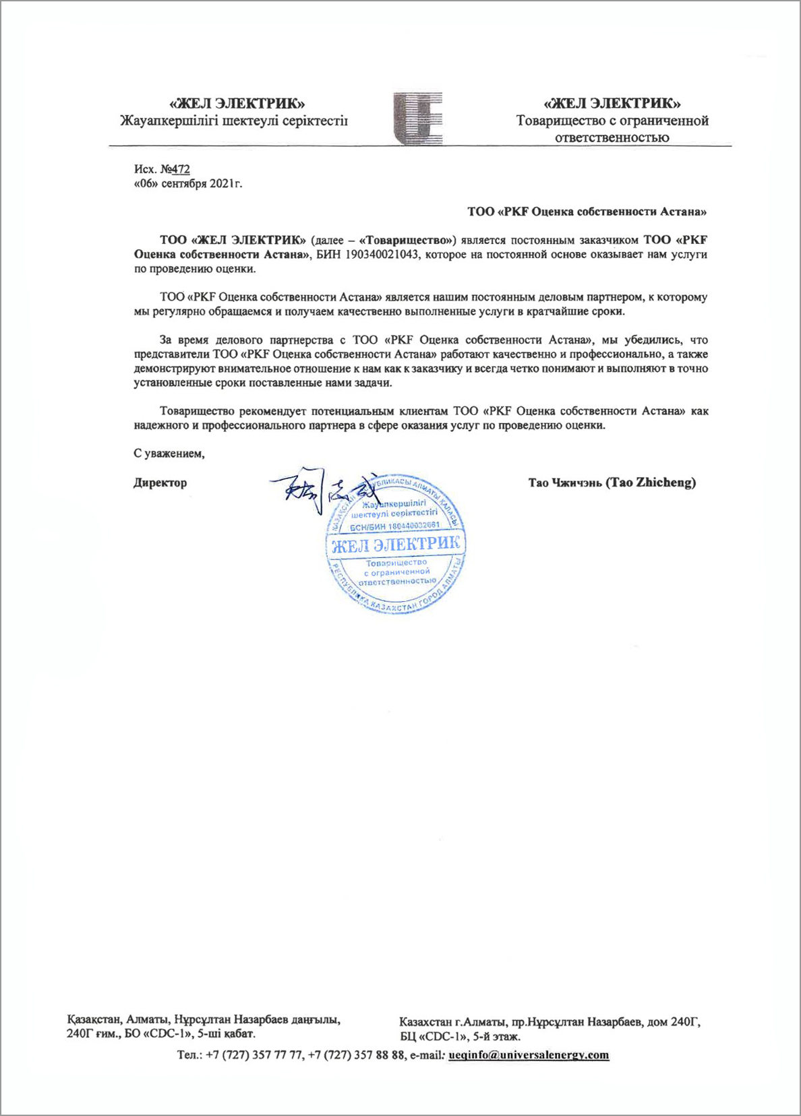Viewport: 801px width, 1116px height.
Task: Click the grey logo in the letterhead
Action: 419,119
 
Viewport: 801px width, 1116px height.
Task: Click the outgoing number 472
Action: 180,169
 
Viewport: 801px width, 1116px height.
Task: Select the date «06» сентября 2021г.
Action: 188,183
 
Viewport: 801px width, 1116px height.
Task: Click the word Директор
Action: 160,483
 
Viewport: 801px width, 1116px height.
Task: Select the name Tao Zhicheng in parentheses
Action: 650,482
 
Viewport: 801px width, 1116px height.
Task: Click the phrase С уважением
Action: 169,454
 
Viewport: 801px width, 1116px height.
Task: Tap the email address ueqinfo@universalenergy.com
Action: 529,1055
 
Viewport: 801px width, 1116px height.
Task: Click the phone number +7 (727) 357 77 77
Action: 254,1055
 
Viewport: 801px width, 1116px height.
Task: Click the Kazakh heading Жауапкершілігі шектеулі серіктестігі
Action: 233,121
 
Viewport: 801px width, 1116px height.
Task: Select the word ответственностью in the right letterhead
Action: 612,137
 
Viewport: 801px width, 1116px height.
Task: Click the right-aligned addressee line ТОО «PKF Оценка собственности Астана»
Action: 587,212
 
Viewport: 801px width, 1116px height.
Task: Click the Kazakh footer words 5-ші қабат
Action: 227,1034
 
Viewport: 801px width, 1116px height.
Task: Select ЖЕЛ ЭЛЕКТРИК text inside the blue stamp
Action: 396,544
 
